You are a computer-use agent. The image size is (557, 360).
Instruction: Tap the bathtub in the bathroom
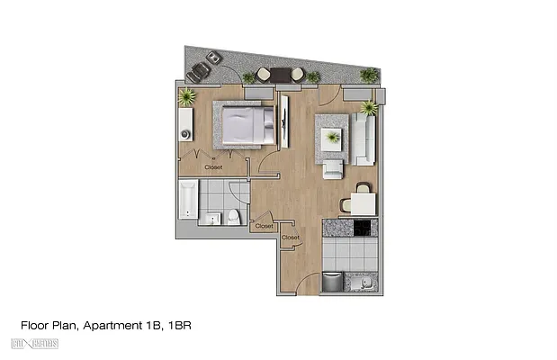187,199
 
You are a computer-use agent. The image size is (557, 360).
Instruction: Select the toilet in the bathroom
233,216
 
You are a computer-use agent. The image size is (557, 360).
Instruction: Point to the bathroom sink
212,219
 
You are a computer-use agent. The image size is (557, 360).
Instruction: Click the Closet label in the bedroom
213,166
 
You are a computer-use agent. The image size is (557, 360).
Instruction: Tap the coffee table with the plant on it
334,137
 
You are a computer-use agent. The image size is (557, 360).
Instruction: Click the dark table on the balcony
278,74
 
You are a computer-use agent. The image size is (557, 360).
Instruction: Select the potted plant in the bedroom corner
187,96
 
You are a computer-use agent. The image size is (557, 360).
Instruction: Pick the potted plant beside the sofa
369,108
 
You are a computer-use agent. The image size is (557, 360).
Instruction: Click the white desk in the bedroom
185,124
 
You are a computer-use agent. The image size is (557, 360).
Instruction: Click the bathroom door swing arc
239,193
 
